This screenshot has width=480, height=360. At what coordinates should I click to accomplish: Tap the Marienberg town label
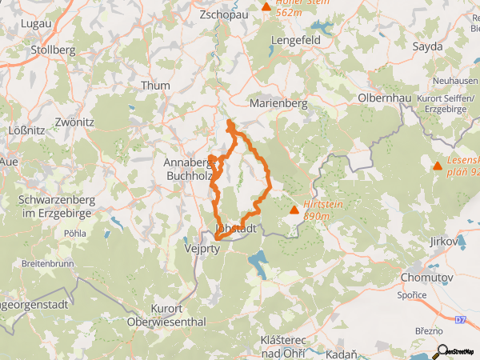[278, 103]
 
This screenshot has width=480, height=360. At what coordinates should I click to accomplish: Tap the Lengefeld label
[296, 38]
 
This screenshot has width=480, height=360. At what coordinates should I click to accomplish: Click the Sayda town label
[427, 46]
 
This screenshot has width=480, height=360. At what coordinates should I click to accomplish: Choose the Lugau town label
[35, 24]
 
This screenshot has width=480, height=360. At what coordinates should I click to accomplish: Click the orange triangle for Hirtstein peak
[294, 210]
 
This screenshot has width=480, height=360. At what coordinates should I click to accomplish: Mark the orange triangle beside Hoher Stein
[266, 6]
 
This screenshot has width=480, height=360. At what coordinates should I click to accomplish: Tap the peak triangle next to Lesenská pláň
[438, 166]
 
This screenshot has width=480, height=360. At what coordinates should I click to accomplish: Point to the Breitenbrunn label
[49, 262]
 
